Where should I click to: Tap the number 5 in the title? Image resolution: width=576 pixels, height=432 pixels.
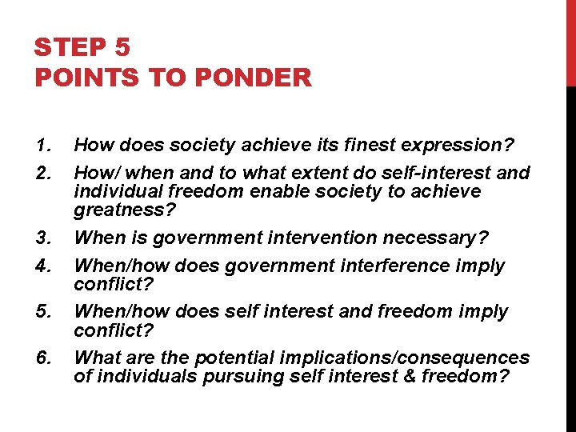click(122, 48)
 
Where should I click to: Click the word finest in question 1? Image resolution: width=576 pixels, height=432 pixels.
click(367, 146)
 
